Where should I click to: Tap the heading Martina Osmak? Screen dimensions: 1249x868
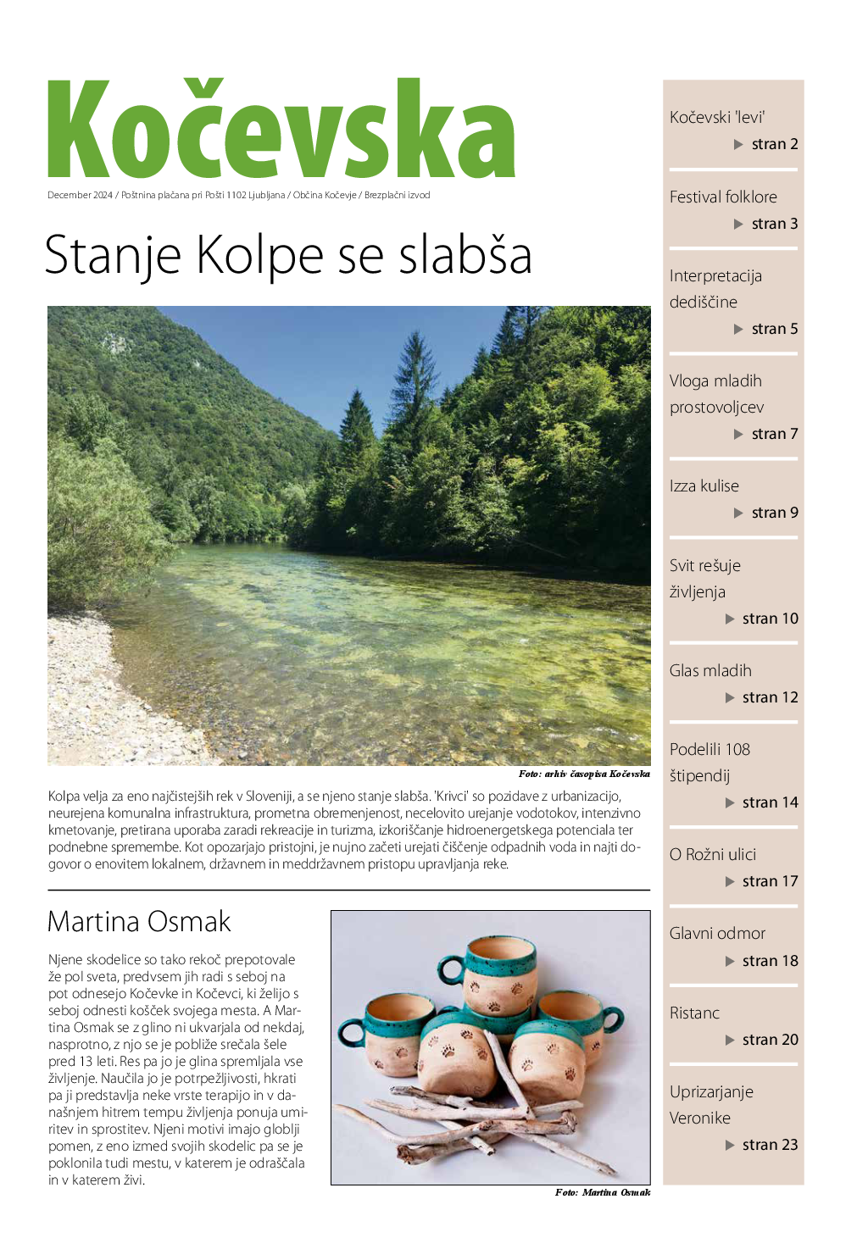pos(139,921)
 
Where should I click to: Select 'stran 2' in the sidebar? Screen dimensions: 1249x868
pos(774,144)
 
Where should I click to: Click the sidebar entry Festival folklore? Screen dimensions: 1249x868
pos(723,197)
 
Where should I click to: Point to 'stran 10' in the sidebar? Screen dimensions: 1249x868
pos(770,619)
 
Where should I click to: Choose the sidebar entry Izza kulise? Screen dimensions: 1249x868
pos(704,486)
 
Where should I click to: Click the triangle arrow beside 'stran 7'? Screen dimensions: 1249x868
pos(738,434)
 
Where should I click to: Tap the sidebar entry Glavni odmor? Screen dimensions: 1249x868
pos(717,933)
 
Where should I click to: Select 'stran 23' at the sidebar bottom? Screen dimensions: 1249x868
pos(770,1145)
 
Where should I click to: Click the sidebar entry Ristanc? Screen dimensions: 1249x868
pos(694,1013)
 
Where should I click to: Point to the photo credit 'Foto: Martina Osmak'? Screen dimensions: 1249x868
pos(603,1192)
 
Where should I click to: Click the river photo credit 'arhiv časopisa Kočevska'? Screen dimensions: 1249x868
pos(597,774)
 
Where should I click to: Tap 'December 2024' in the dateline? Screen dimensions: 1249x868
pos(80,195)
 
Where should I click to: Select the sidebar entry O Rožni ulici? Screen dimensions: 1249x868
pos(712,854)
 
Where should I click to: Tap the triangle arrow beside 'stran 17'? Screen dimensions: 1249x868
pos(730,881)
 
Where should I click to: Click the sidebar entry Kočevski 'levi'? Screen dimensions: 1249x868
pos(717,117)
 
